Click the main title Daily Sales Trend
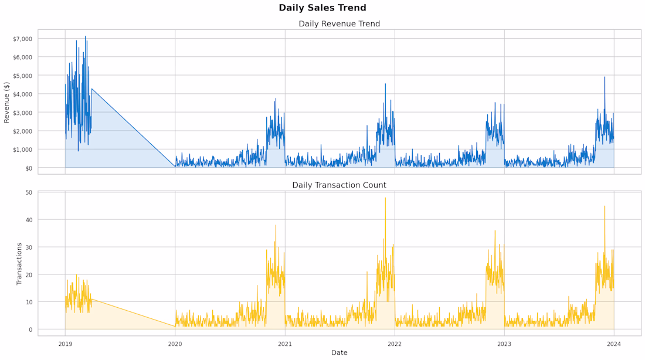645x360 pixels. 322,8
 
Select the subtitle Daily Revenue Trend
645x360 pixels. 339,24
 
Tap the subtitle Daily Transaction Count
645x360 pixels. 339,185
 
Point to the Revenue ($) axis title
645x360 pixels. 7,102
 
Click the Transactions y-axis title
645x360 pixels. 19,264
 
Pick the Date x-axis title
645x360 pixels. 339,352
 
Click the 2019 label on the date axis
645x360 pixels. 65,344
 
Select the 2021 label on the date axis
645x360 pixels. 285,344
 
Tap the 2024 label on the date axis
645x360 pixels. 614,344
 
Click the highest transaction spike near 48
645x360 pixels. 385,198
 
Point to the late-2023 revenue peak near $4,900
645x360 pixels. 605,77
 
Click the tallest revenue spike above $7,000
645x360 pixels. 85,36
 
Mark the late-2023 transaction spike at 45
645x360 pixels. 605,206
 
